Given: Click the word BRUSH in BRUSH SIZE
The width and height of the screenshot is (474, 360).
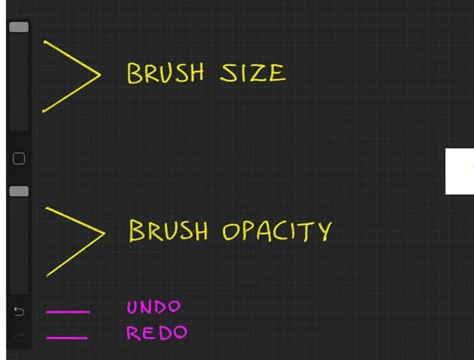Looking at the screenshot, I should pos(164,73).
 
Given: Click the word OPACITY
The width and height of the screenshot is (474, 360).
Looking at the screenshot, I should pos(276,231).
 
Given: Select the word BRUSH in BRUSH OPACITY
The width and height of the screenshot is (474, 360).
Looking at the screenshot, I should pos(168,230).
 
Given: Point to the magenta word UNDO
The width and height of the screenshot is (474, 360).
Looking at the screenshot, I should pos(153,307).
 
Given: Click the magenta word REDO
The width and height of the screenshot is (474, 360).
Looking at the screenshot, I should pos(156,332).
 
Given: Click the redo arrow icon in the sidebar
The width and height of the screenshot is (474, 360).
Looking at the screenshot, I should pos(19,337).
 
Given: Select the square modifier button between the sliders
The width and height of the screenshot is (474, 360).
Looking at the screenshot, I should pos(19,158).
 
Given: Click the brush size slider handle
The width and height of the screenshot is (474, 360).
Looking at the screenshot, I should pos(19,27).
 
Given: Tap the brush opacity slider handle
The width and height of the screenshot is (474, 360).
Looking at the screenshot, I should pos(19,192).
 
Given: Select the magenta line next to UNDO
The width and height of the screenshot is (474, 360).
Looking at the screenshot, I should pos(68,312).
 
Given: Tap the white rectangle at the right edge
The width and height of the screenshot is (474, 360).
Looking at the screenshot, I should pos(459,171).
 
